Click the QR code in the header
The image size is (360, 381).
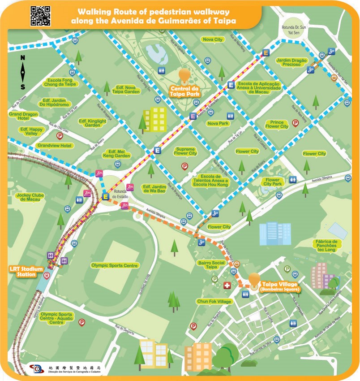click(40, 16)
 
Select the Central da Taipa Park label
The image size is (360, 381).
click(184, 91)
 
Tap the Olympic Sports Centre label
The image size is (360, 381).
click(115, 265)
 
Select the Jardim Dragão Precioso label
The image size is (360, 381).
click(291, 62)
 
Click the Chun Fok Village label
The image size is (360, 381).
click(214, 302)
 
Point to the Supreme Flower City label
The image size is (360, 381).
click(185, 151)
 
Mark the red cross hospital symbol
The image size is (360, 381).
click(227, 286)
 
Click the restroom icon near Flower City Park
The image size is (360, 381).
click(293, 179)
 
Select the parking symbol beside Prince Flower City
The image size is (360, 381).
click(295, 122)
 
